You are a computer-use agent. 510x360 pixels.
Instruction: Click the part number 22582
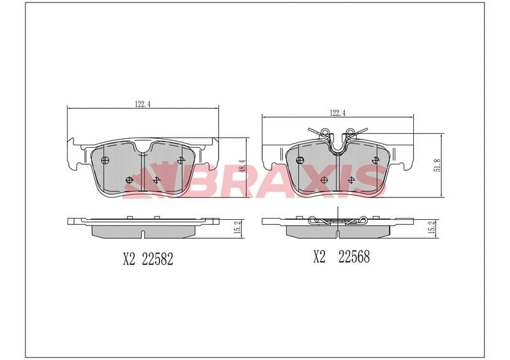[x=157, y=259]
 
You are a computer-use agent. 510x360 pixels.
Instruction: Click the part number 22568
[x=354, y=257]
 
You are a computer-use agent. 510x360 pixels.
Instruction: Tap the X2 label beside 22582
[x=129, y=259]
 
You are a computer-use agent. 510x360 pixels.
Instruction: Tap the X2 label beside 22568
[x=319, y=257]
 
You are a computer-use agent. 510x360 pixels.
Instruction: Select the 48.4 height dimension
[x=242, y=166]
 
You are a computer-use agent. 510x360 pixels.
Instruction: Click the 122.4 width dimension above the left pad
[x=142, y=104]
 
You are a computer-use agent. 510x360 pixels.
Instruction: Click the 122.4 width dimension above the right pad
[x=338, y=113]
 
